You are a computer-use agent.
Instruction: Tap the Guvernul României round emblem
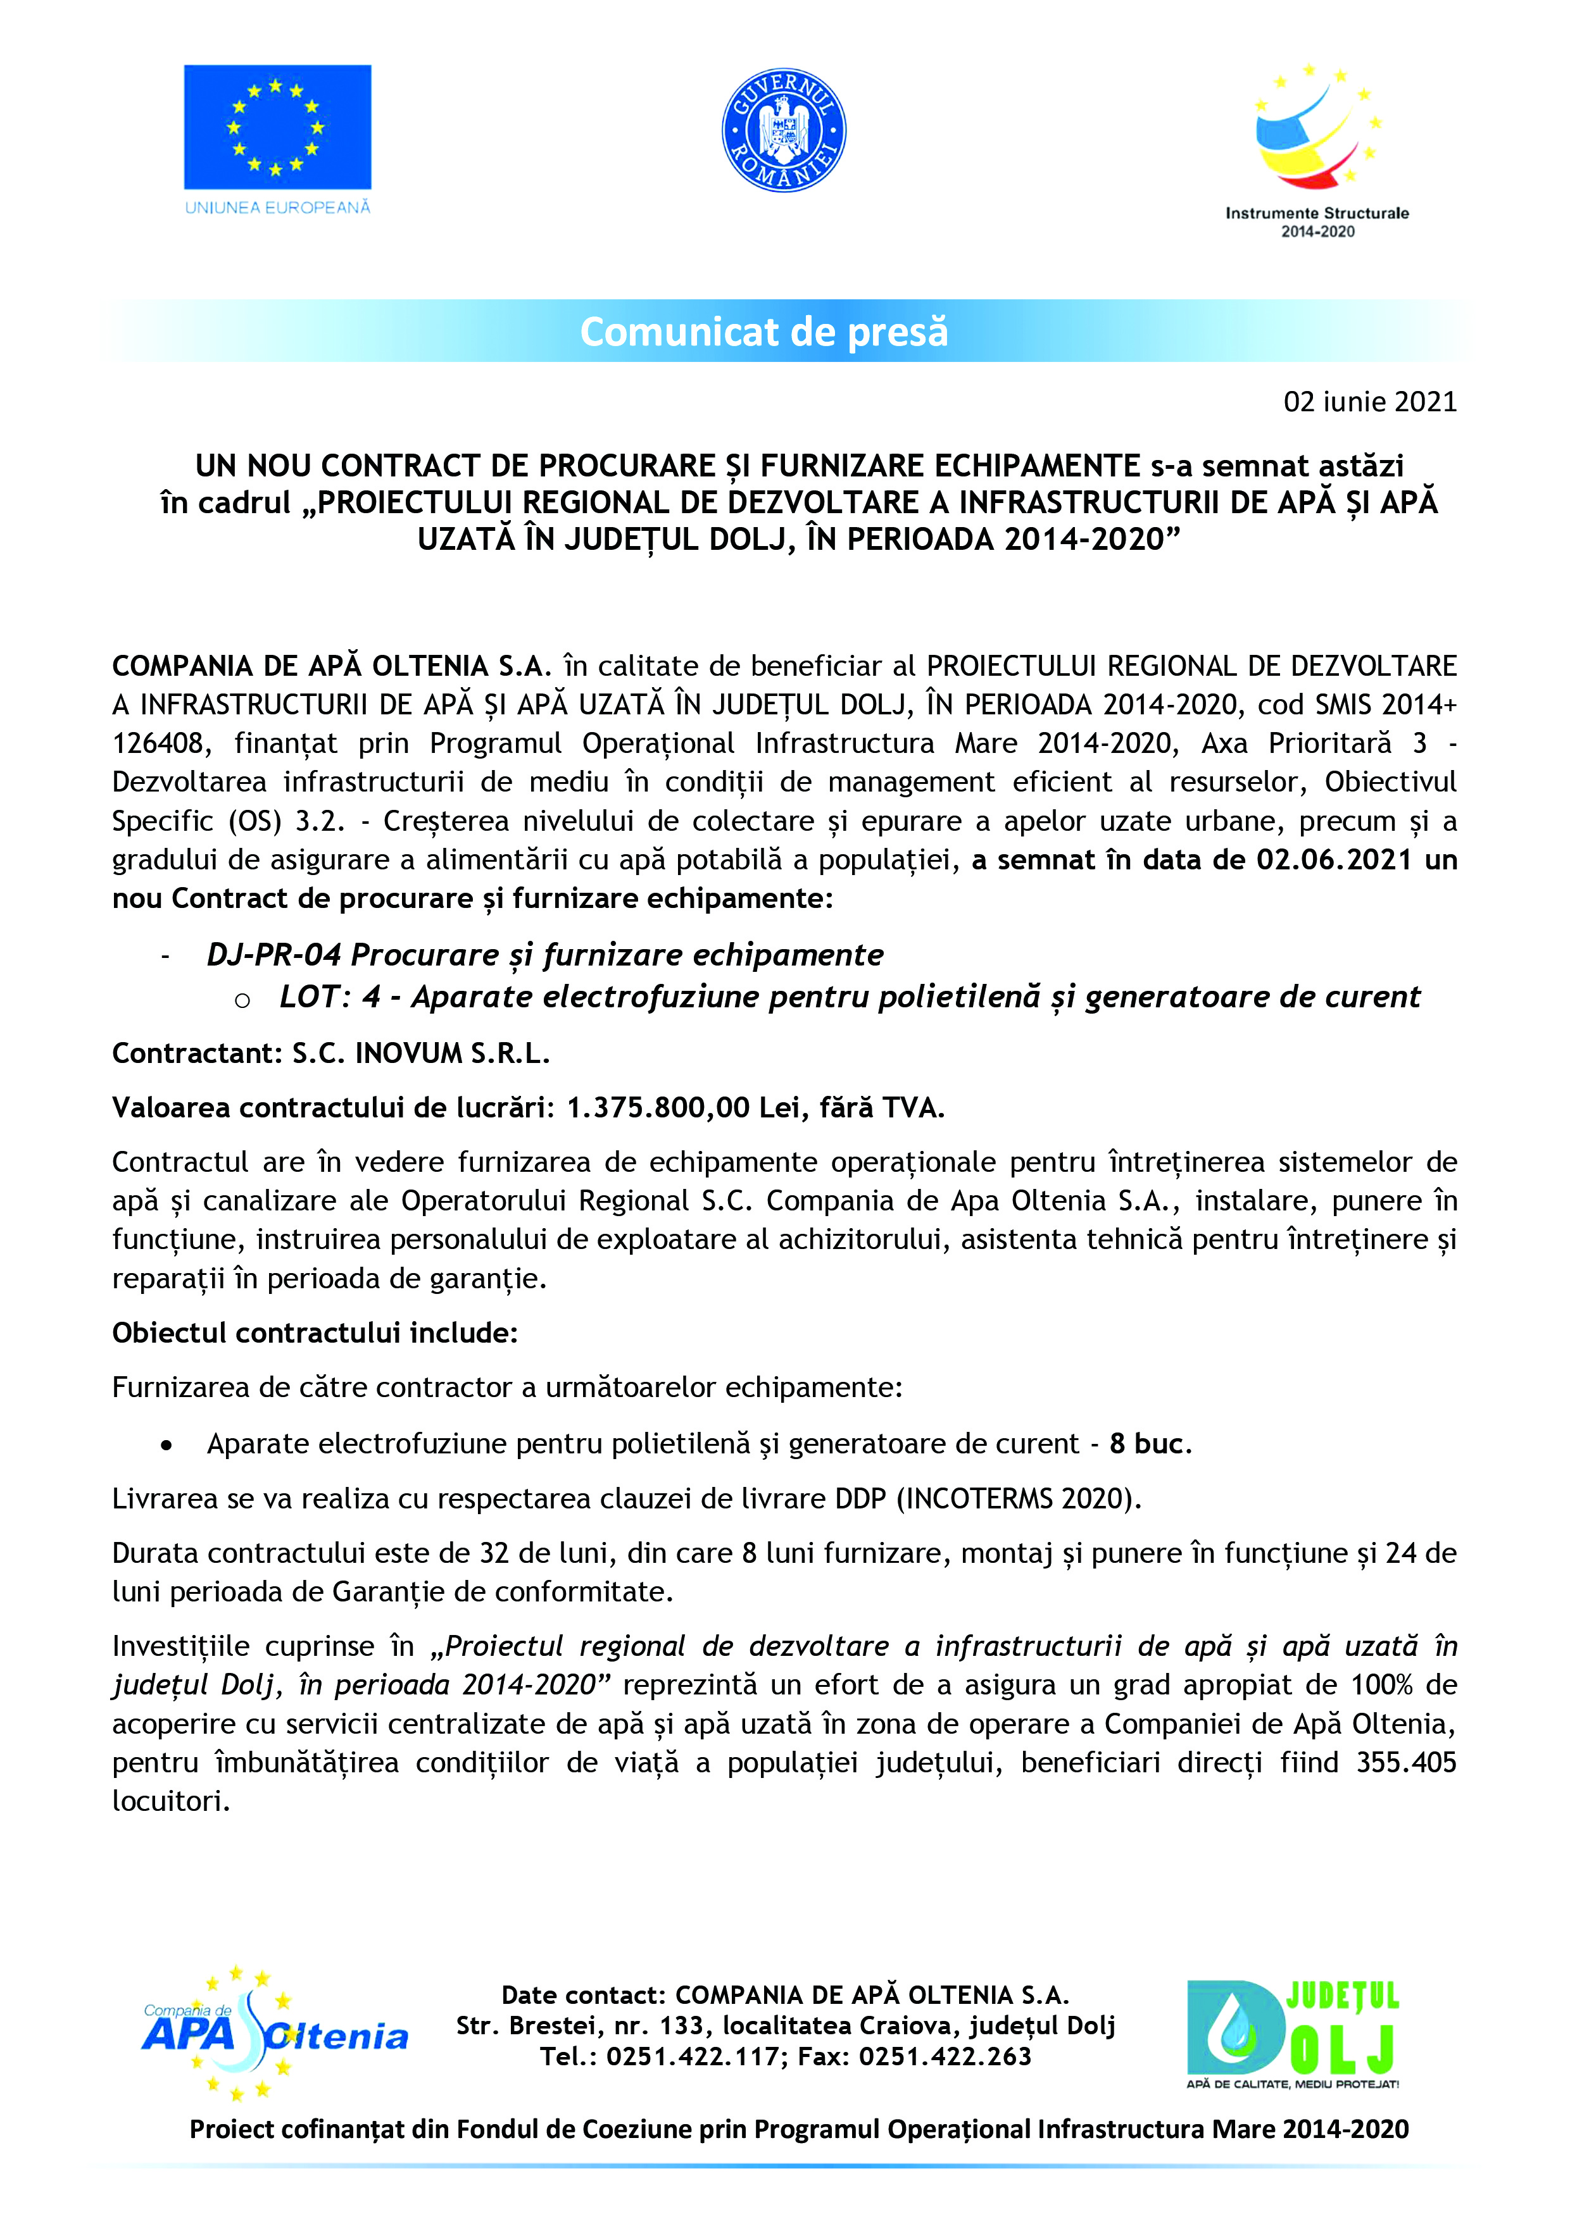tap(784, 130)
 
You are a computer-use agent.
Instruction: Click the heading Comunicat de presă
tap(763, 332)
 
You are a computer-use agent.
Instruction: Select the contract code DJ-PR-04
tap(273, 955)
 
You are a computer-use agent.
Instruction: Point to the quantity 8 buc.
tap(1150, 1444)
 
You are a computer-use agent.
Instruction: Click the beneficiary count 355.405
tap(1405, 1762)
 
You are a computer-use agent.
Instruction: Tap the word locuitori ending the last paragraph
tap(170, 1801)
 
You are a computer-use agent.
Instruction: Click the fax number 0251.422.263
tap(945, 2056)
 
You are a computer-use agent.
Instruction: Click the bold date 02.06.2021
tap(1334, 860)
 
